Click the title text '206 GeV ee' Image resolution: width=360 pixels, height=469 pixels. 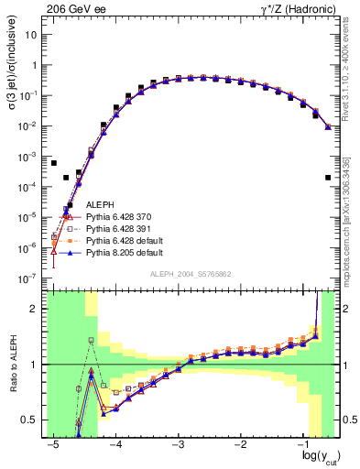(70, 8)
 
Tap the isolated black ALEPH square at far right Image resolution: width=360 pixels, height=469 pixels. (328, 178)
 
